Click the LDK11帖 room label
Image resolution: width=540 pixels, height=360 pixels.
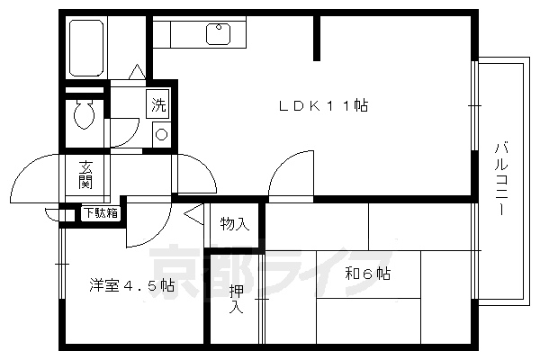click(x=321, y=106)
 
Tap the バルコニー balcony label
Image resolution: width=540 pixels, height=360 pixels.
click(x=500, y=177)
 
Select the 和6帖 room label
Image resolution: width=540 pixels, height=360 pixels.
click(x=368, y=273)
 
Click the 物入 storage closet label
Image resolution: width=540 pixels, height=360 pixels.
click(x=235, y=224)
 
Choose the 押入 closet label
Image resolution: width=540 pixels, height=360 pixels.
click(x=236, y=299)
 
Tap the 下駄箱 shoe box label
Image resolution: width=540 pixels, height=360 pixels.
click(x=100, y=213)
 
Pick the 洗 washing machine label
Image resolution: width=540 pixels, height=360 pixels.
click(x=158, y=104)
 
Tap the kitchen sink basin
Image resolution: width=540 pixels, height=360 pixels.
click(x=220, y=33)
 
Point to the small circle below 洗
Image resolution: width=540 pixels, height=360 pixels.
click(x=161, y=134)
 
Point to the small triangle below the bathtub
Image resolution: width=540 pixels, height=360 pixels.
click(x=135, y=71)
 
